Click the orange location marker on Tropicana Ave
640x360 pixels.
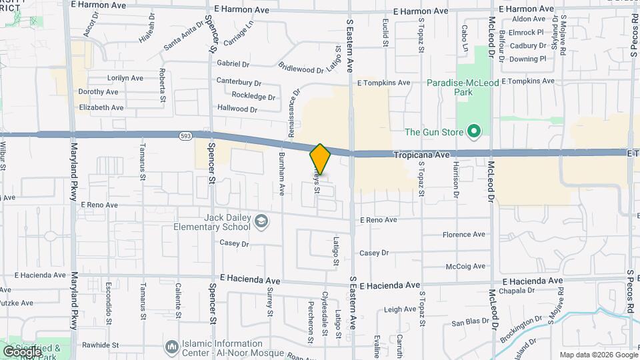tap(320, 159)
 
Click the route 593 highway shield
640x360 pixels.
tap(185, 137)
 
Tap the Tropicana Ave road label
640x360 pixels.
tap(422, 154)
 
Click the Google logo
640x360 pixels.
tap(22, 351)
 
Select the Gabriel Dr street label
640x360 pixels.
tap(233, 64)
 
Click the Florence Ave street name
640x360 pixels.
tap(464, 235)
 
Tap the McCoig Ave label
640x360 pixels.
tap(465, 266)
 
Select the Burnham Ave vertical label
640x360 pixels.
tap(281, 180)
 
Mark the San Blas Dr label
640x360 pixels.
tap(471, 323)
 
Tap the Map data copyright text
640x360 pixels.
tap(598, 355)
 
